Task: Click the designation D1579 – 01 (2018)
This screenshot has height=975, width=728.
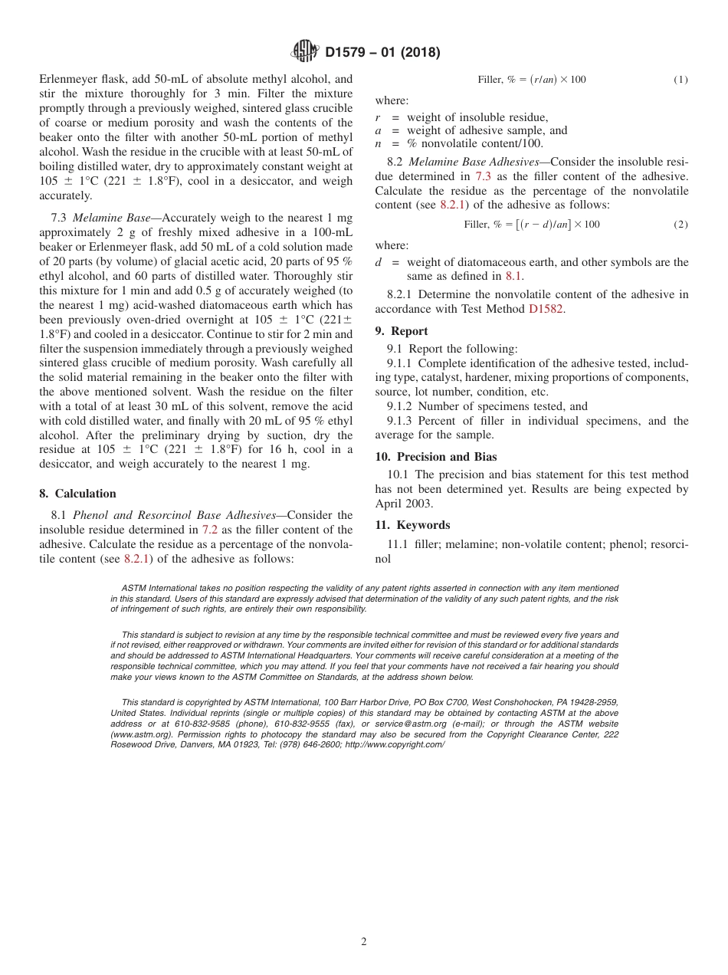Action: (382, 53)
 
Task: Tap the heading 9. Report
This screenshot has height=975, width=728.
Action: (402, 331)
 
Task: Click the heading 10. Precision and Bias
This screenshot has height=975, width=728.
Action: (435, 457)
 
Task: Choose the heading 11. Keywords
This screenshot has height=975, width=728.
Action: (412, 525)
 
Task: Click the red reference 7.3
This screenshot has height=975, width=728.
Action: (484, 176)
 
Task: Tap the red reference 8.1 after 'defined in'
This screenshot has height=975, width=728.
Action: (514, 276)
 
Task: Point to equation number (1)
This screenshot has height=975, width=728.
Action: (680, 80)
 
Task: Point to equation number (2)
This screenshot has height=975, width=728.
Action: (680, 225)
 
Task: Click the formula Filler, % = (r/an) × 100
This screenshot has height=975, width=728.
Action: (531, 80)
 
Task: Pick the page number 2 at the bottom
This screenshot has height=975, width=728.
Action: (364, 942)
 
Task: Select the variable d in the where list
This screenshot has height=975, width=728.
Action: (379, 262)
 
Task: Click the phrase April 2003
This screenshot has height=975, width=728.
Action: (404, 504)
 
